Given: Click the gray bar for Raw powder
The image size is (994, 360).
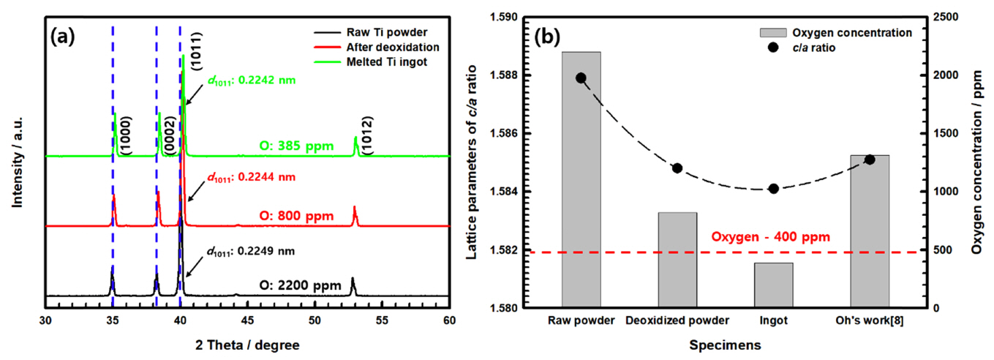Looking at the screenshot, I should pyautogui.click(x=581, y=179).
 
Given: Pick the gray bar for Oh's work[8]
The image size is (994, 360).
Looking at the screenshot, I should pyautogui.click(x=870, y=231).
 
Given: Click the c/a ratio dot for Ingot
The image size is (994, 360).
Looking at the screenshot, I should pyautogui.click(x=773, y=189).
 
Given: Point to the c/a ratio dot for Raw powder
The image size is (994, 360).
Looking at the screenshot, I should pyautogui.click(x=581, y=78).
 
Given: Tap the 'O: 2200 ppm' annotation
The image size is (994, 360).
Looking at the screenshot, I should pyautogui.click(x=300, y=285).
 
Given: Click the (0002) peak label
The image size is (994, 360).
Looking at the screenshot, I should pyautogui.click(x=169, y=135).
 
